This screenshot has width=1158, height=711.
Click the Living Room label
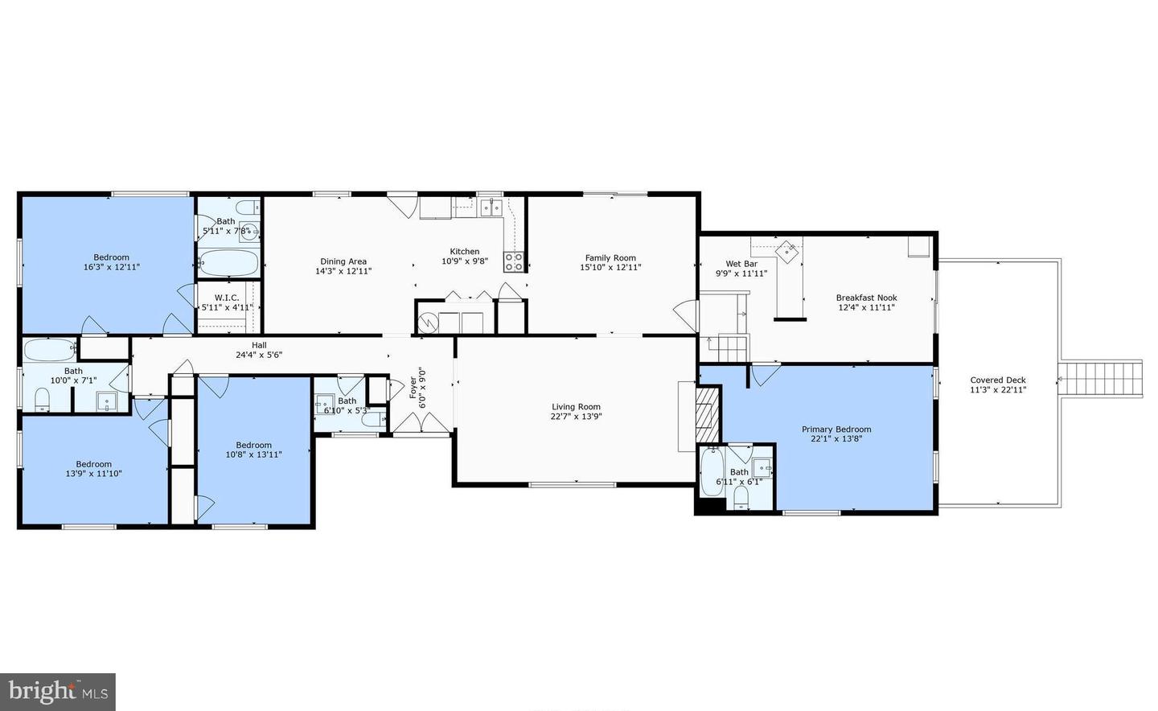click(x=576, y=407)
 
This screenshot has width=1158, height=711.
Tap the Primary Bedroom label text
click(x=836, y=429)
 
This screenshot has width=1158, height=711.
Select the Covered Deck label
click(x=998, y=380)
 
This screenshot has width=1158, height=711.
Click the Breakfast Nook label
click(x=866, y=298)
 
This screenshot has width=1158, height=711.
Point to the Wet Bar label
click(x=741, y=264)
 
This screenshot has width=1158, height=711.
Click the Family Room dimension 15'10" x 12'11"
click(x=610, y=268)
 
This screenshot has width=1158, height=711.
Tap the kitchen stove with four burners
click(x=513, y=261)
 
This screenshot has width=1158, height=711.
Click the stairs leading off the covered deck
click(x=1099, y=378)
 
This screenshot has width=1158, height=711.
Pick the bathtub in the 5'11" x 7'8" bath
click(x=228, y=263)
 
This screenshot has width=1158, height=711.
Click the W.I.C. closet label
click(x=227, y=298)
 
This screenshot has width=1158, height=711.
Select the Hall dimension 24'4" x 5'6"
click(x=259, y=355)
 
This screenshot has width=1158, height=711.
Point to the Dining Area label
click(x=343, y=261)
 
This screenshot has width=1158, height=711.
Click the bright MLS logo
click(x=58, y=691)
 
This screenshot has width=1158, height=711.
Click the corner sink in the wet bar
click(x=787, y=250)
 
